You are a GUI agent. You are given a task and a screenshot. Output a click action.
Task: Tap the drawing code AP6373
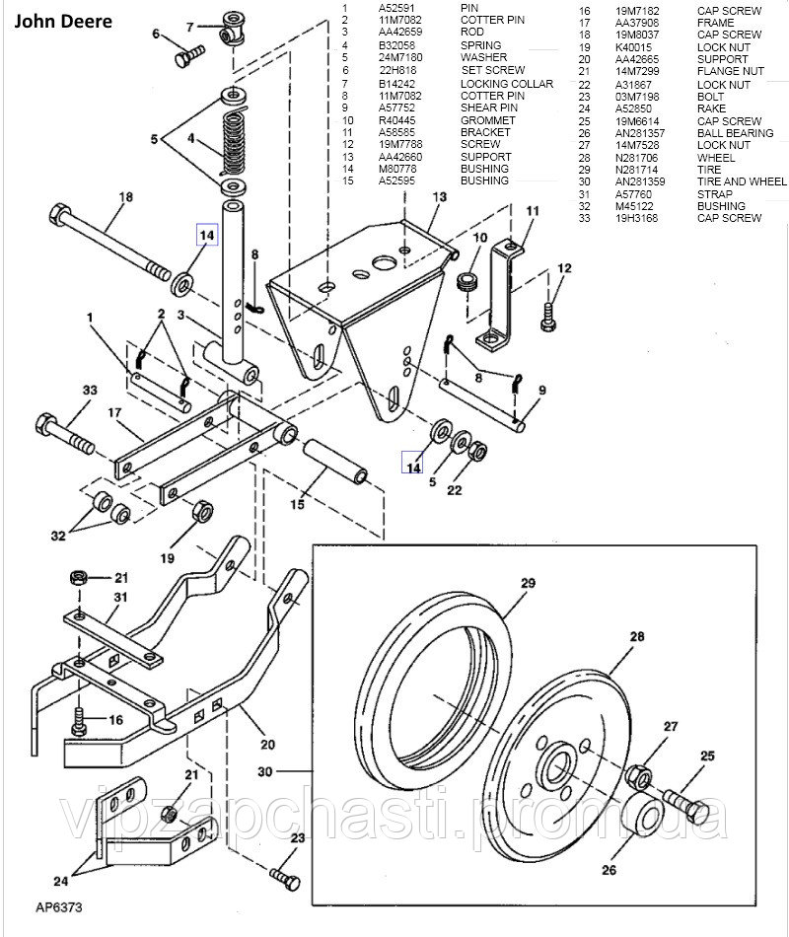click(58, 905)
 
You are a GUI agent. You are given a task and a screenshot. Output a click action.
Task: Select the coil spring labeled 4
click(234, 142)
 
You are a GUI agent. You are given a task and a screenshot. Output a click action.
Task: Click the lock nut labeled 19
click(201, 511)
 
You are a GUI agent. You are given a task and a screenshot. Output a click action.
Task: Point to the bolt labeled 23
click(282, 875)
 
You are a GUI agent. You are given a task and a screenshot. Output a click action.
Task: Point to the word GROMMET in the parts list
click(487, 120)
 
